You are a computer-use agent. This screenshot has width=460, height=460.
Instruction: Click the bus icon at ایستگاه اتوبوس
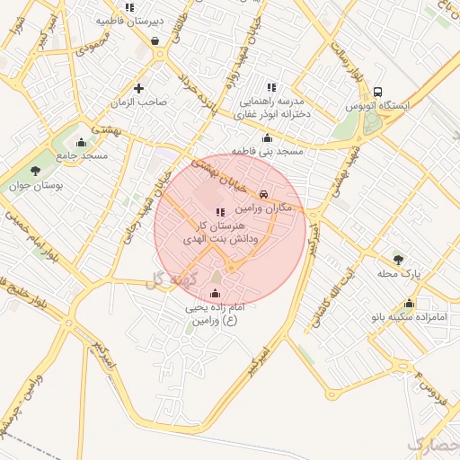click(x=377, y=93)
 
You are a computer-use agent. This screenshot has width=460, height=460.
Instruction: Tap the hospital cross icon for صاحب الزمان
click(x=138, y=88)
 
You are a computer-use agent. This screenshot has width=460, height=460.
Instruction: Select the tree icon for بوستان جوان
click(x=35, y=171)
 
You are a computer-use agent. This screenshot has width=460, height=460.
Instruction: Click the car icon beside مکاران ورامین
click(x=262, y=194)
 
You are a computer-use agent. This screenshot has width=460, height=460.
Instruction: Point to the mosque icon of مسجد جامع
click(x=82, y=142)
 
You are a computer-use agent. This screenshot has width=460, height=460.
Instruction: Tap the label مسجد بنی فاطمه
click(x=267, y=152)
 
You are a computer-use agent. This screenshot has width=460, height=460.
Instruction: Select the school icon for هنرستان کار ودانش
click(x=221, y=212)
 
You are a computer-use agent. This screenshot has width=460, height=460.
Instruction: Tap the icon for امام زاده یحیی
click(x=214, y=294)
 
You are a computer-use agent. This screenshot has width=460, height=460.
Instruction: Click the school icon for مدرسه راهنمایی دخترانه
click(x=271, y=87)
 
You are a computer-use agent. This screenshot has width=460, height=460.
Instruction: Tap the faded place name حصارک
click(x=433, y=444)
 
